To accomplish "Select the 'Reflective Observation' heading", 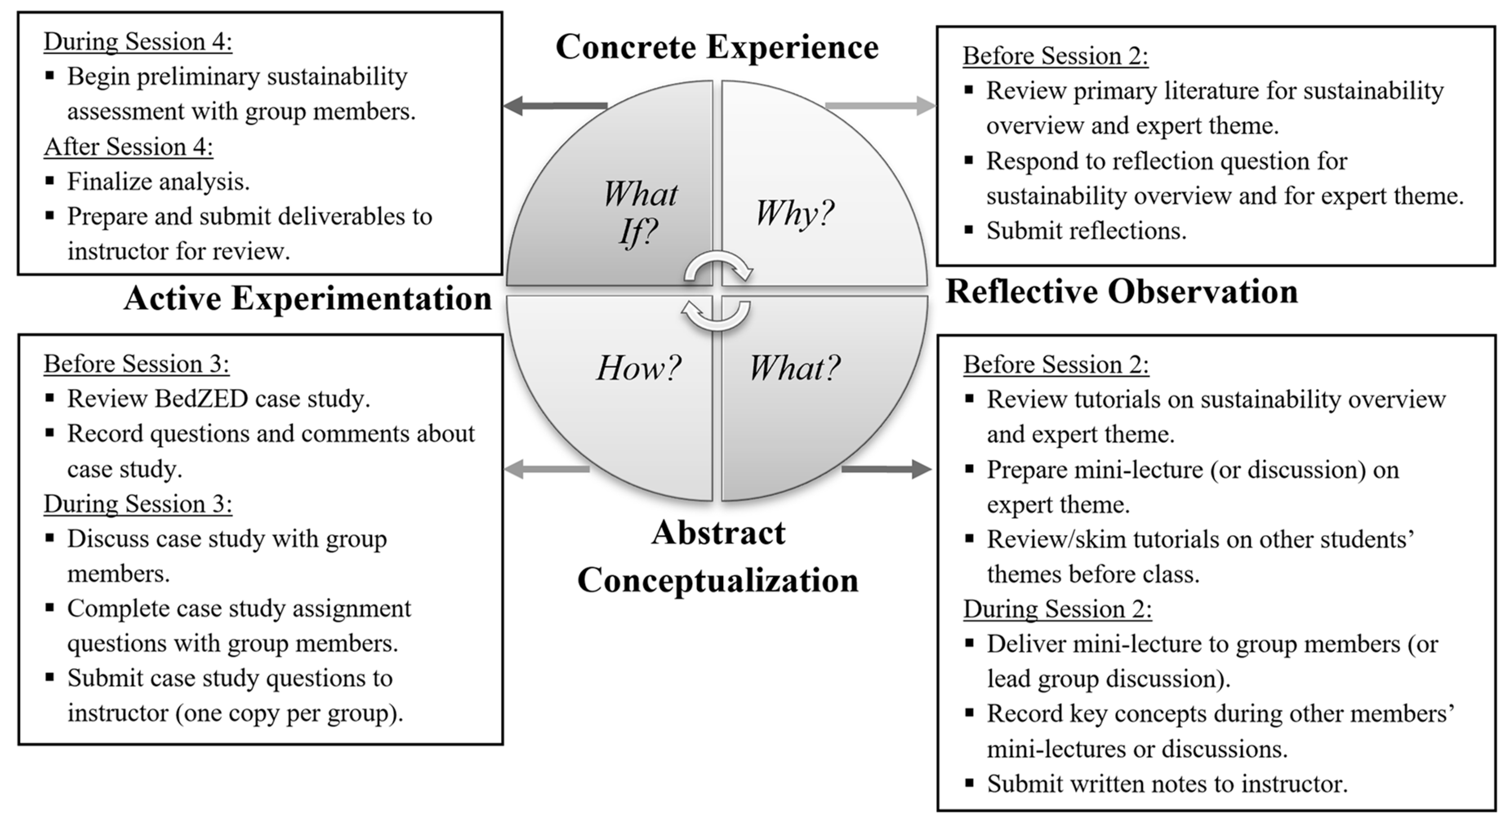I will pyautogui.click(x=1121, y=292).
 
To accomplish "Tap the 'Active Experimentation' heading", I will pyautogui.click(x=308, y=298).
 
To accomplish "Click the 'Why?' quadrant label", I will pyautogui.click(x=794, y=213).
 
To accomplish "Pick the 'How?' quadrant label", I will pyautogui.click(x=638, y=368).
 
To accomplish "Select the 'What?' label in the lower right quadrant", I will pyautogui.click(x=794, y=368).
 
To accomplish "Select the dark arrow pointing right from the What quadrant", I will pyautogui.click(x=886, y=469).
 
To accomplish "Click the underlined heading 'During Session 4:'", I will pyautogui.click(x=138, y=42).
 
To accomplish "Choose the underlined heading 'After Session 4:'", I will pyautogui.click(x=128, y=147).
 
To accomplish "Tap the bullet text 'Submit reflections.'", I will pyautogui.click(x=1086, y=231).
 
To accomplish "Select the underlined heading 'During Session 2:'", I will pyautogui.click(x=1057, y=609).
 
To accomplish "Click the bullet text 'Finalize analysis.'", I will pyautogui.click(x=158, y=182).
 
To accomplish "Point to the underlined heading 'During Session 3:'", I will pyautogui.click(x=138, y=504).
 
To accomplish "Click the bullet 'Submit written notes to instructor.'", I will pyautogui.click(x=1167, y=784).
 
